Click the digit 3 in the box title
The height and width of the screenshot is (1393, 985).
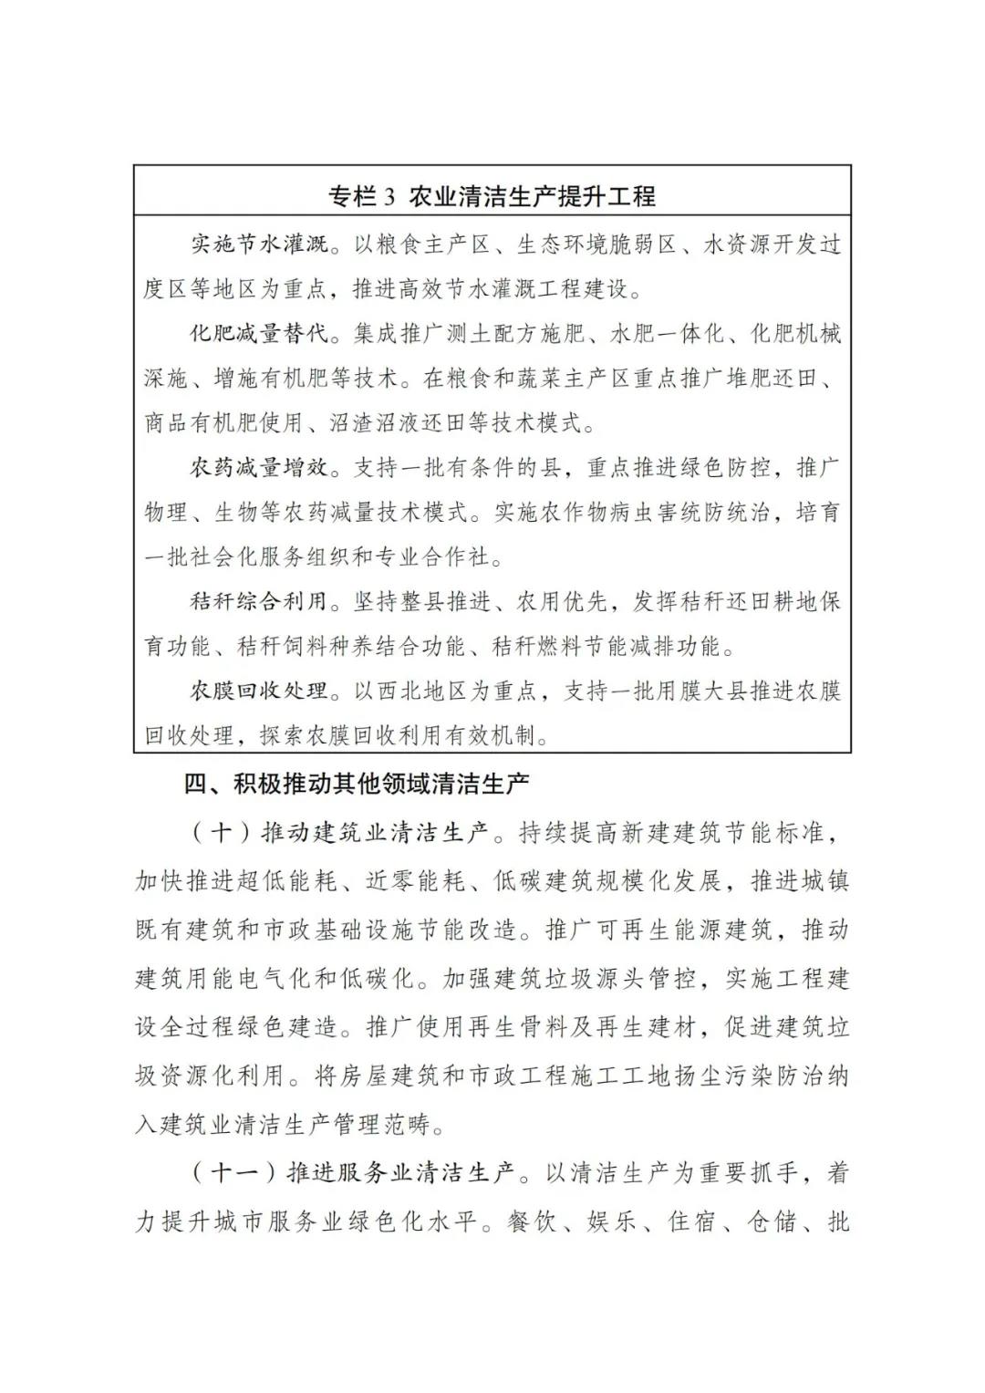(389, 196)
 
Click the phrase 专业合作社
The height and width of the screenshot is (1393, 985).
(445, 557)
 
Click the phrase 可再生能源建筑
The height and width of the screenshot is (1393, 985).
(686, 930)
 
